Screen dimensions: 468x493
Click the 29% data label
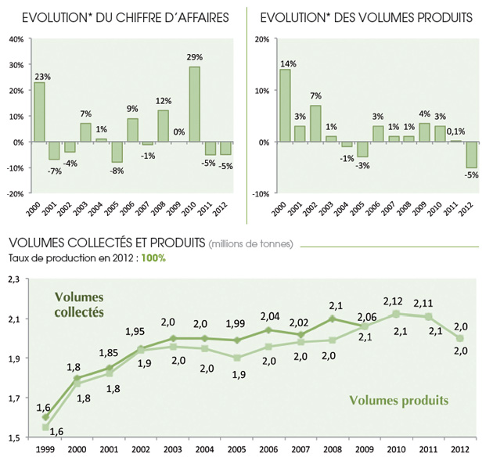195,57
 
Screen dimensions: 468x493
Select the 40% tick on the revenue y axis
16,38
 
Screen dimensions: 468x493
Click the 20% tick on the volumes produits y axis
262,38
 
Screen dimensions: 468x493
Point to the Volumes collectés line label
80,303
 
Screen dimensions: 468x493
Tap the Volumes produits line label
398,401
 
